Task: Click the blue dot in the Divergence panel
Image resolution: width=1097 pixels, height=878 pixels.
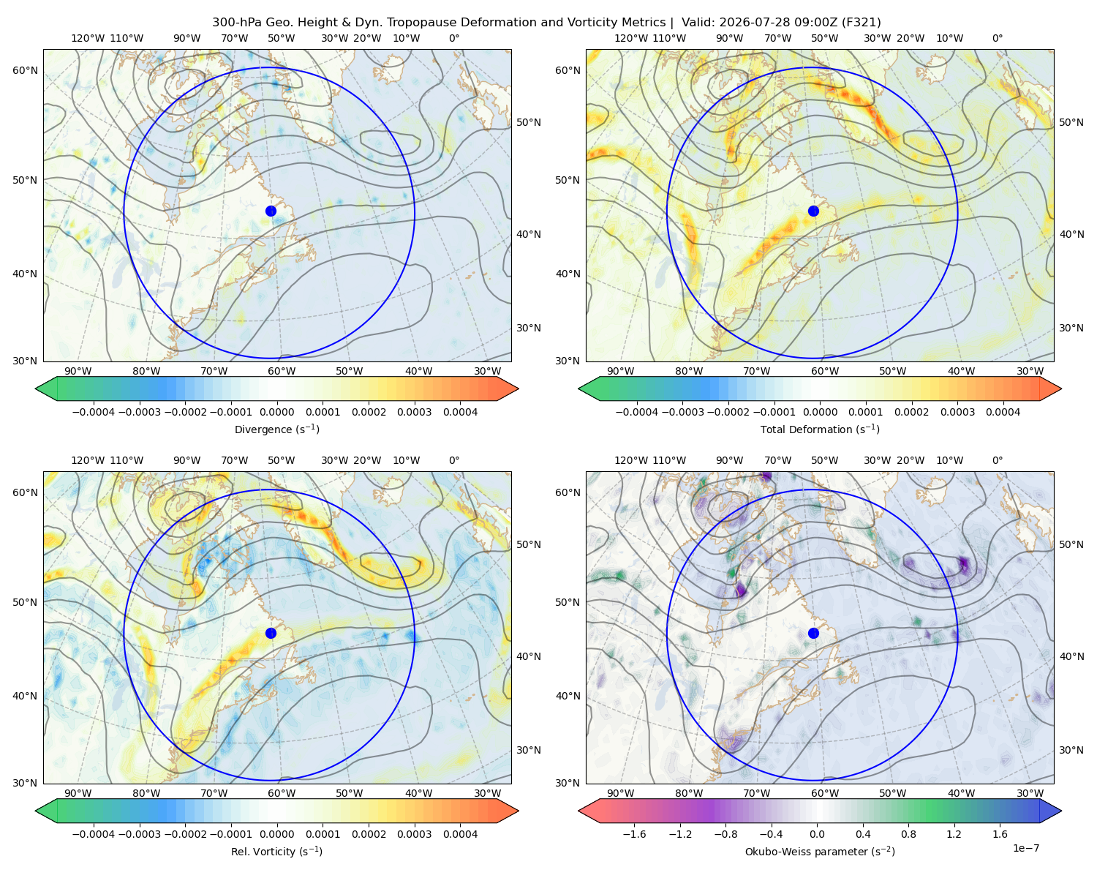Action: tap(271, 211)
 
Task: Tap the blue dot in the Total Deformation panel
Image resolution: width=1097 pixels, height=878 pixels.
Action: tap(813, 211)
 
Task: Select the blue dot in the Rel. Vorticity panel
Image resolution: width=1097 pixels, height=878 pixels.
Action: tap(271, 633)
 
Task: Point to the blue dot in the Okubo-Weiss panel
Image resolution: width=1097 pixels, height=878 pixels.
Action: tap(813, 633)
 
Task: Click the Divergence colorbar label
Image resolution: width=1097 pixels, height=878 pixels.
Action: tap(276, 429)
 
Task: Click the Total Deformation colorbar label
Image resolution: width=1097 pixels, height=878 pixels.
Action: tap(820, 429)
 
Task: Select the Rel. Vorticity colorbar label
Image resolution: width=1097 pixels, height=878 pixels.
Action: tap(276, 852)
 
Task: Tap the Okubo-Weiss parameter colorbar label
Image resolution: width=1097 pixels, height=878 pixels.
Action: tap(820, 852)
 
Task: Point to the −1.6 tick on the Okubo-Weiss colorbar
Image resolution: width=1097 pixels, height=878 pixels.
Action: tap(634, 834)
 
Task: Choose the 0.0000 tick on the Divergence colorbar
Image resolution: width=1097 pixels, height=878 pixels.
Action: tap(276, 412)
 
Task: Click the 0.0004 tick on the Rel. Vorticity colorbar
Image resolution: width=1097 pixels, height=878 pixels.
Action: tap(460, 834)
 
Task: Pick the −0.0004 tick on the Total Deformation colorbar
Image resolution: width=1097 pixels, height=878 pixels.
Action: tap(637, 412)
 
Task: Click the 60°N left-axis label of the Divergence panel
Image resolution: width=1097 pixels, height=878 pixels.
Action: tap(25, 70)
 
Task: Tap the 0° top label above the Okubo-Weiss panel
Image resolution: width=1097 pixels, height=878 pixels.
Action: tap(997, 460)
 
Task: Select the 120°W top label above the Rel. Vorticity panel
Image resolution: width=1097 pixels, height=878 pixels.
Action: tap(88, 460)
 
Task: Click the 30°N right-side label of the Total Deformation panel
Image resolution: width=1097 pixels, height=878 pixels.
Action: tap(1071, 328)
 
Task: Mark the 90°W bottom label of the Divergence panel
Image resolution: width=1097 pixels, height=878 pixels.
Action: tap(78, 371)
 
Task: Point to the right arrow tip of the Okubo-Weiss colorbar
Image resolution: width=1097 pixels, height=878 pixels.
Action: tap(1061, 811)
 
